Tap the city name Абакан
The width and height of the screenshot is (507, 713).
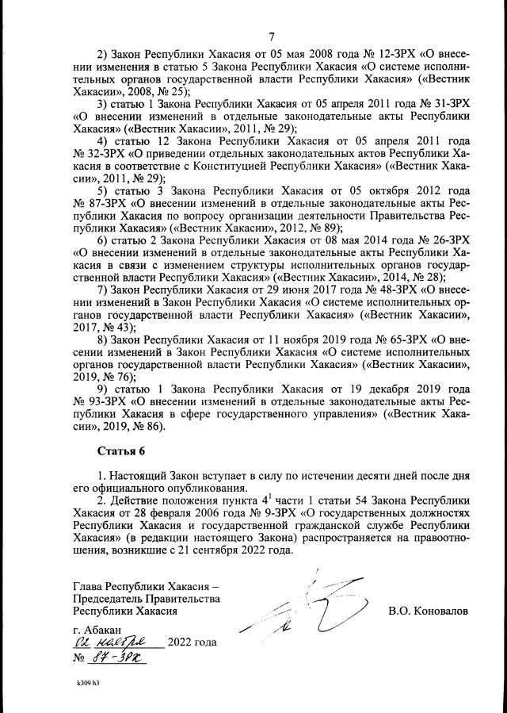(x=100, y=628)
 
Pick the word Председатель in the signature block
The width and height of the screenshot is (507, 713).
(x=109, y=599)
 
